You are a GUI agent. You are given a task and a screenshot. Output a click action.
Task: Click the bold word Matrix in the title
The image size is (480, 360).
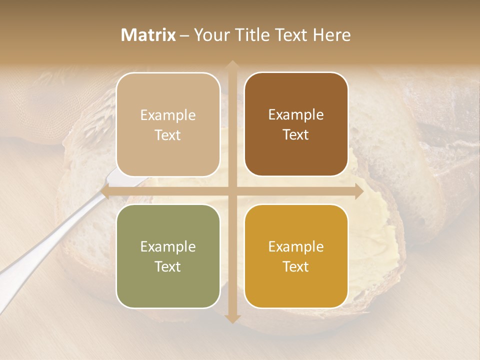(x=148, y=35)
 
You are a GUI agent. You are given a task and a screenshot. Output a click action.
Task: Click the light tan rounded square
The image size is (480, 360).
(x=168, y=124)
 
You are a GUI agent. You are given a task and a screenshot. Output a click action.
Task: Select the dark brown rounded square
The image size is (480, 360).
(x=296, y=124)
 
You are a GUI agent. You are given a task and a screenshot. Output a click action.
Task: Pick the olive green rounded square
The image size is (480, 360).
(x=168, y=256)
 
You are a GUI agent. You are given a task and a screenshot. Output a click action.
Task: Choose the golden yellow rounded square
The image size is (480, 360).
(x=296, y=256)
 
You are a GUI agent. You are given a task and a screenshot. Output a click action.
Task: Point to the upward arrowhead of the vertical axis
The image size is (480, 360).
(x=232, y=65)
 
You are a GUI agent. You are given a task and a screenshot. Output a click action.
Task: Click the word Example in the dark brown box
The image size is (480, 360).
(x=296, y=115)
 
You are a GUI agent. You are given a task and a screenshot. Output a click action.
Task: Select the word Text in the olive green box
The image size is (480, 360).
(x=168, y=266)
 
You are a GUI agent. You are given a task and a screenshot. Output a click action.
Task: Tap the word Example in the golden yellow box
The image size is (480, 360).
(x=296, y=246)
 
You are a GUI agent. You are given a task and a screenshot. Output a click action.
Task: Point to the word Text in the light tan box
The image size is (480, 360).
(x=168, y=135)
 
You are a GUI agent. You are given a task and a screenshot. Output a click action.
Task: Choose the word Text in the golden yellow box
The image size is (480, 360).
(x=296, y=266)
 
